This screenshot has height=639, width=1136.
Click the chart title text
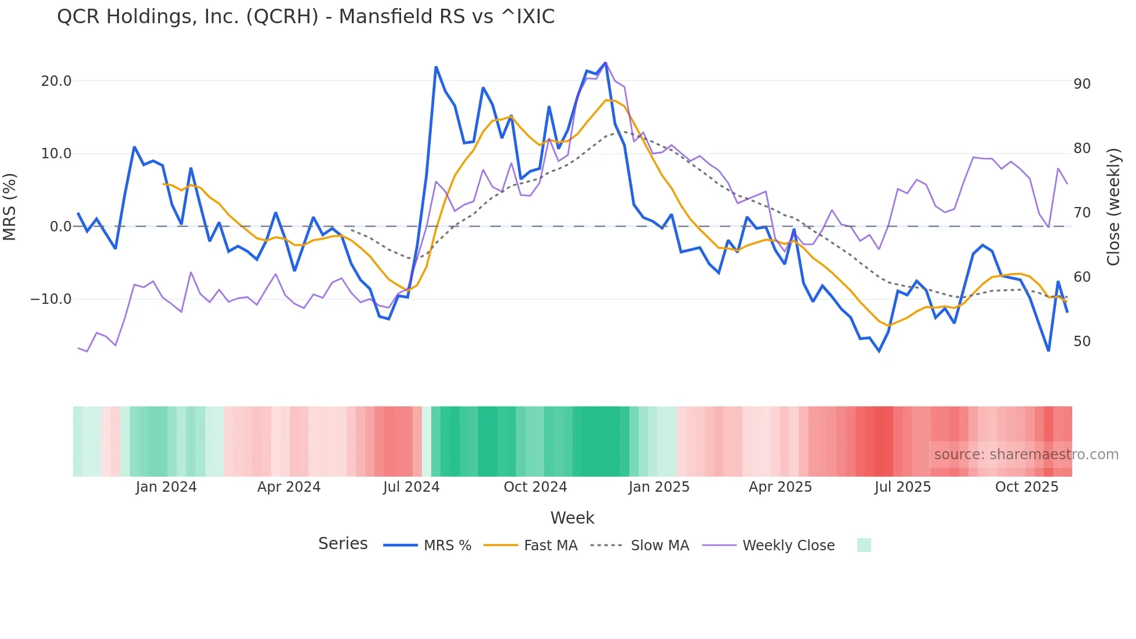point(305,17)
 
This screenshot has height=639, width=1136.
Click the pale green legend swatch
point(864,545)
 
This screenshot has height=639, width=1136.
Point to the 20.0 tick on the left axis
point(56,81)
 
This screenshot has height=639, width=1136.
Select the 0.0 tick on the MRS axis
point(60,227)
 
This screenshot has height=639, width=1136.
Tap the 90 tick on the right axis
point(1082,84)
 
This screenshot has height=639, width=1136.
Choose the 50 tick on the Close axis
point(1082,342)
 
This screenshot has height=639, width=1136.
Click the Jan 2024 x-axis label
point(166,487)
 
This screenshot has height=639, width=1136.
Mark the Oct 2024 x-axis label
point(535,487)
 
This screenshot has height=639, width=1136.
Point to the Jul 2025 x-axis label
point(902,487)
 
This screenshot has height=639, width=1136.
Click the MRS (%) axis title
point(10,206)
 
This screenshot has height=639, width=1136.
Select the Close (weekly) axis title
point(1113,206)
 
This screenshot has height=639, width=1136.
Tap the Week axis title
point(572,518)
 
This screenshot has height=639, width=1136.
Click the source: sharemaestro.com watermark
point(1026,455)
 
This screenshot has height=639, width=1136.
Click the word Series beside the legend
point(343,544)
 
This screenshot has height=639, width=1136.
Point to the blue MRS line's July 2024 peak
point(436,67)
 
